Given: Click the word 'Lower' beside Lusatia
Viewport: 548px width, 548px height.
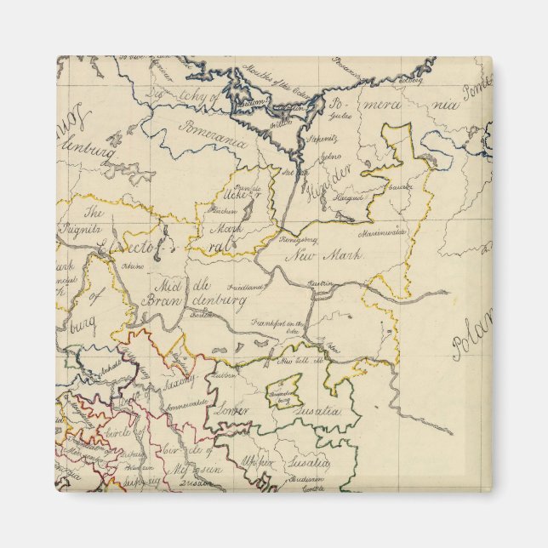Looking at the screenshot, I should pyautogui.click(x=231, y=410).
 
